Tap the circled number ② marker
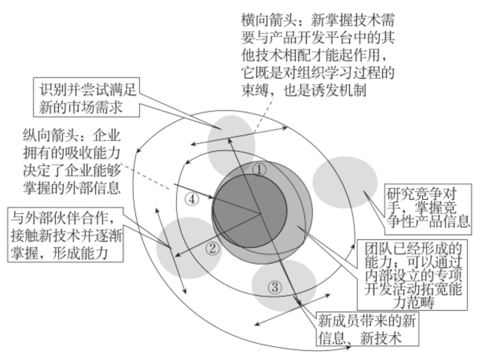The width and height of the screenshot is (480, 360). (x=212, y=248)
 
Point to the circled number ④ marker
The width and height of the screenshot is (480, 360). (x=192, y=200)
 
